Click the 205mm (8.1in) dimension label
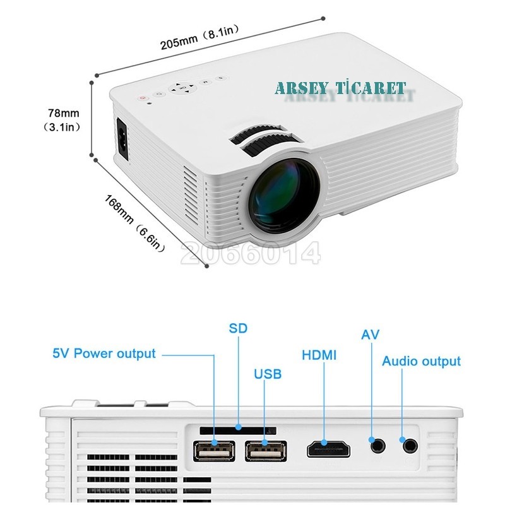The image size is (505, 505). coord(200,37)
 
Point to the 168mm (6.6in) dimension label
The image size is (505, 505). coord(135,223)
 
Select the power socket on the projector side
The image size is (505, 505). coord(122,139)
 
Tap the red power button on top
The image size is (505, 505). coord(143,98)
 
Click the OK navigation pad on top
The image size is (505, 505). coord(182,88)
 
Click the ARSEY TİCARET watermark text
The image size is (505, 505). coord(340,88)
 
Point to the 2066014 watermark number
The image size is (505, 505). coord(250,253)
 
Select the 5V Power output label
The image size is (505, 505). coord(104,353)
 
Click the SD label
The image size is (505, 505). coord(238,328)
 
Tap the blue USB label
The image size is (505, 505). coord(268,374)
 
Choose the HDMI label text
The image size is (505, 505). coord(319,355)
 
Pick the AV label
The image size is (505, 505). coord(370,335)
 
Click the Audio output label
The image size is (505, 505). coord(421,361)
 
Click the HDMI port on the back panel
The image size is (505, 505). coord(328,449)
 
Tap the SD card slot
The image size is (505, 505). coord(238,431)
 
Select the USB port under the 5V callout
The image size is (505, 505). coord(214,451)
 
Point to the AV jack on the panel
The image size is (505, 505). coord(377,446)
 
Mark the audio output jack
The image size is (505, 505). coord(410,446)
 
